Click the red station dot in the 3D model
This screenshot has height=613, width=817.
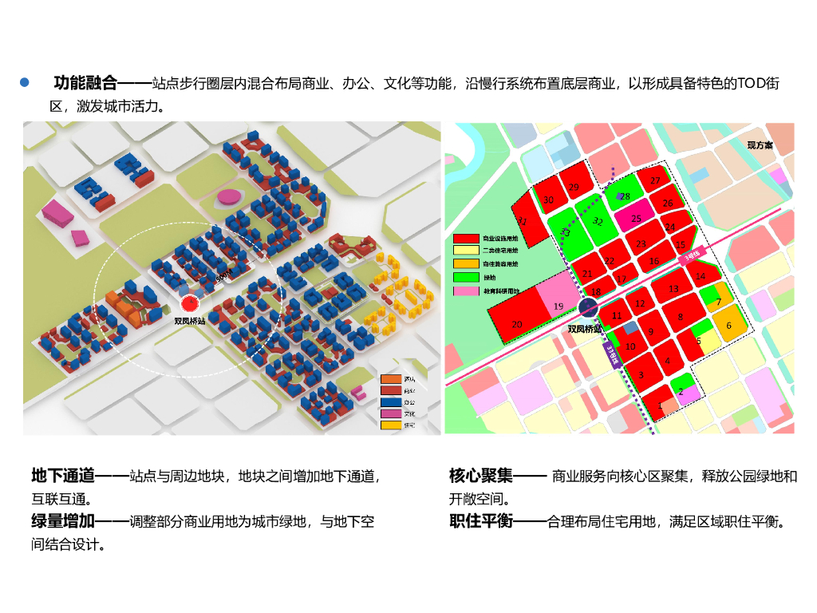[189, 304]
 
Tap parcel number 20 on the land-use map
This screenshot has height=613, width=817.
[516, 324]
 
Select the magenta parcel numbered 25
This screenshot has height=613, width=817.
[636, 218]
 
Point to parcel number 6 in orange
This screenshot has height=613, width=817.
[728, 325]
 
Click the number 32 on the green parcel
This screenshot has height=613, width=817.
[598, 221]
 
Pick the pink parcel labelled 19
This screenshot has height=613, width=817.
[558, 306]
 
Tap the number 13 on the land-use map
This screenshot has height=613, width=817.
[673, 288]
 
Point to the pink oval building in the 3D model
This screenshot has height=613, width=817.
[227, 195]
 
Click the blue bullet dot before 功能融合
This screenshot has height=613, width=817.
[25, 82]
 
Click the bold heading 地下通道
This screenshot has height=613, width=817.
[62, 477]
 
